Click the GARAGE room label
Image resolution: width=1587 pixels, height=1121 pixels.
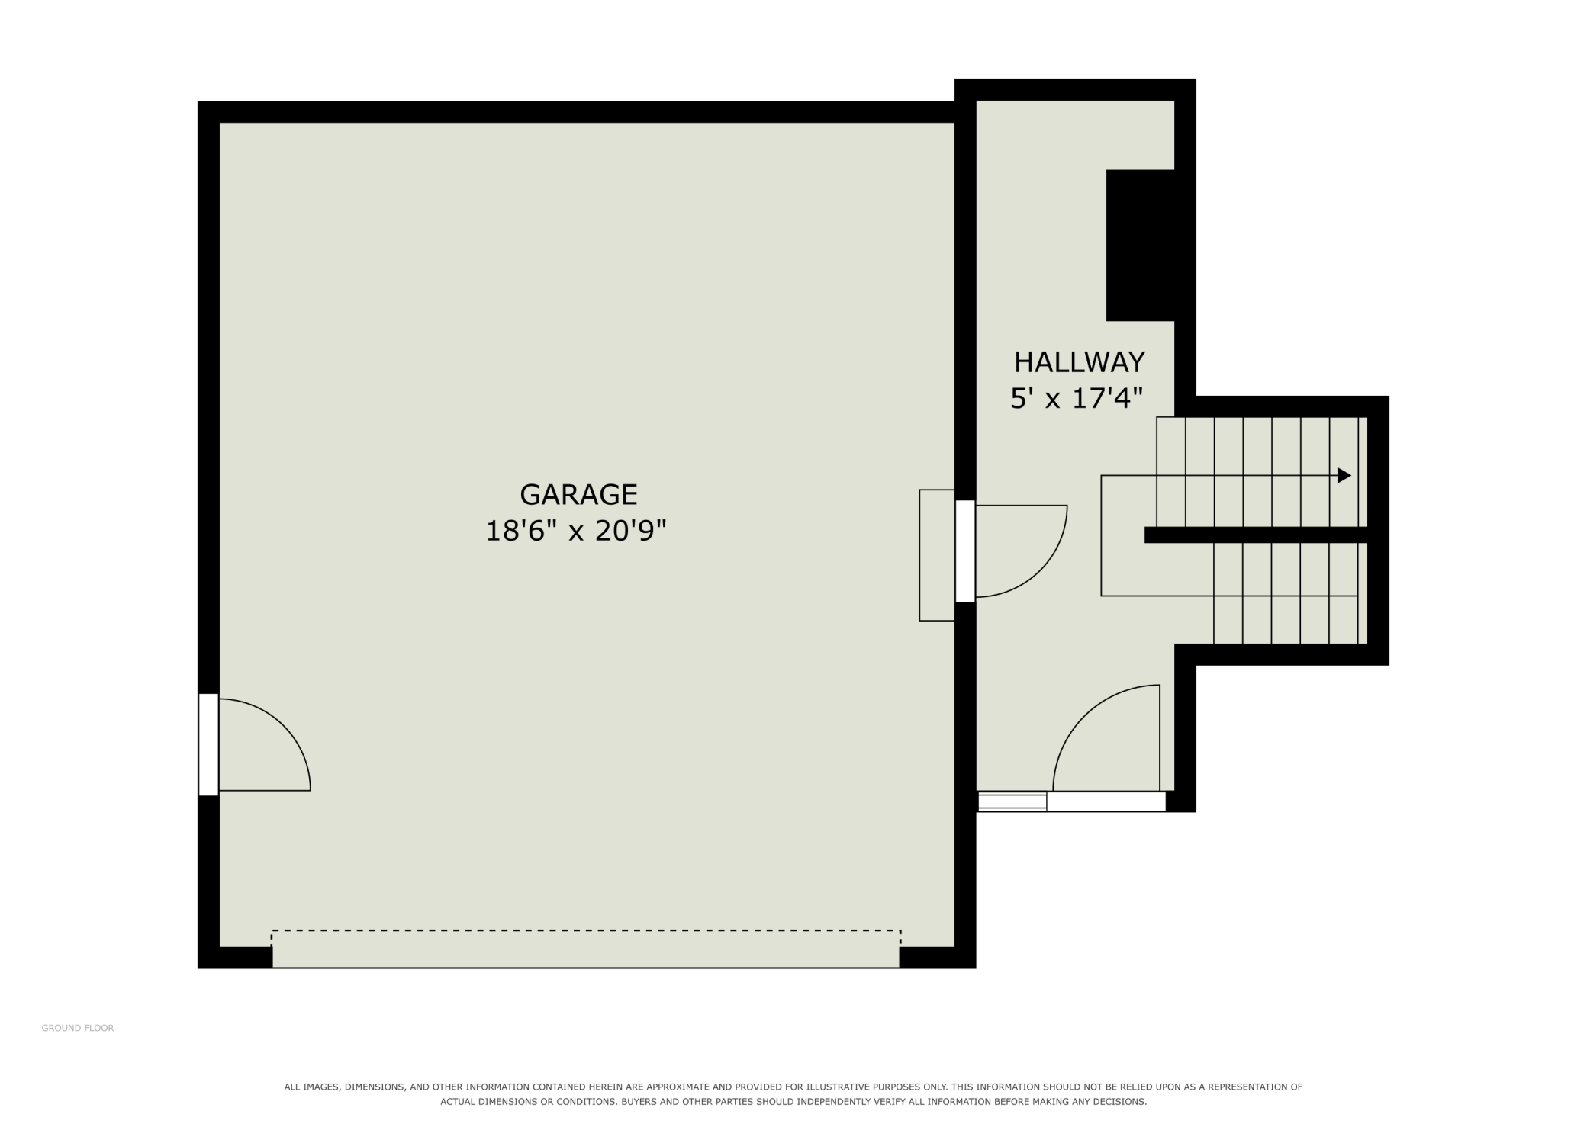coord(578,495)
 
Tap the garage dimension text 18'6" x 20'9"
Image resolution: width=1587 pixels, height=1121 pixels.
coord(576,531)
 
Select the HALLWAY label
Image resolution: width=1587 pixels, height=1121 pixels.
coord(1079,361)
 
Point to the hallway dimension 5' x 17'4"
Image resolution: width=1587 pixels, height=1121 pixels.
coord(1077,399)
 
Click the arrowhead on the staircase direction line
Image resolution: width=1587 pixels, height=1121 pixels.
coord(1344,475)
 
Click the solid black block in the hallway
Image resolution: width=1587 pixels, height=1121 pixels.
coord(1140,245)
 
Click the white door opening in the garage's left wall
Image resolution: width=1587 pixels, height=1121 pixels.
coord(208,744)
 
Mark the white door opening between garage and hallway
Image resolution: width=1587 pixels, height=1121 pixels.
coord(965,551)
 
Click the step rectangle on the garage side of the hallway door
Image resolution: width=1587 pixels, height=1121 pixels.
coord(937,555)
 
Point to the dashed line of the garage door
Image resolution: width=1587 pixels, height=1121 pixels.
coord(586,930)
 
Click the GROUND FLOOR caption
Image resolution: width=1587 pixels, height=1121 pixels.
coord(78,1028)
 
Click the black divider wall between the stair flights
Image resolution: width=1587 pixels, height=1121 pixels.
coord(1256,535)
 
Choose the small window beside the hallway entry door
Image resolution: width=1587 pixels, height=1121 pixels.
coord(1012,801)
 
